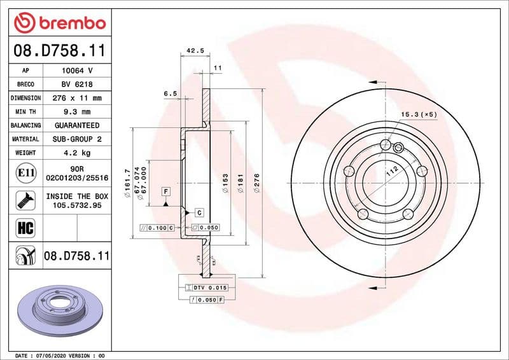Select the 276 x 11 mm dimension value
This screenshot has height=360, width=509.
(77, 98)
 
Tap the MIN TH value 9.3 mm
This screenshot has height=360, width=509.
(77, 112)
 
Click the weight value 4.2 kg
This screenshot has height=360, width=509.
(77, 153)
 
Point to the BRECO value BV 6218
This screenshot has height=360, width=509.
(77, 85)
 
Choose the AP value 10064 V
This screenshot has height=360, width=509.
(77, 71)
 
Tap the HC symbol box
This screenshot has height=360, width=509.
(24, 227)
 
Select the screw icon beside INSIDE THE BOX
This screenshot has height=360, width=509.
(24, 201)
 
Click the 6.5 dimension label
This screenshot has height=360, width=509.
(170, 93)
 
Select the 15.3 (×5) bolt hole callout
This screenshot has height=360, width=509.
(419, 114)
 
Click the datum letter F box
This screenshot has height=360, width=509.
(165, 191)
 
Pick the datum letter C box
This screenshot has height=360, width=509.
(199, 212)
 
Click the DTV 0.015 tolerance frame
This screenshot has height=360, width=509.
(210, 287)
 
